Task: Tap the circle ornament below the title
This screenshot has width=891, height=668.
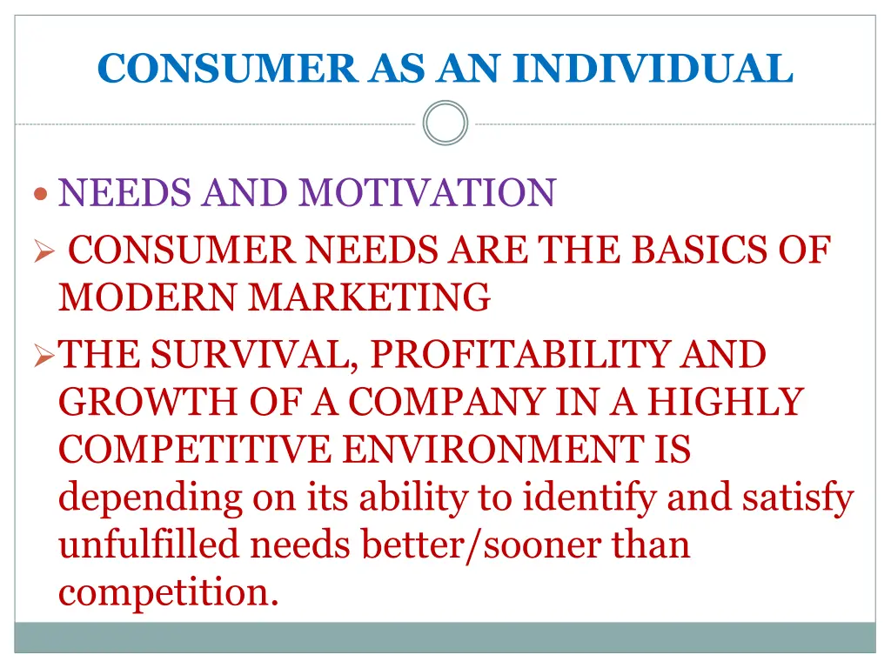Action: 445,123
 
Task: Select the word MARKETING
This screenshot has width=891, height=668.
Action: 370,298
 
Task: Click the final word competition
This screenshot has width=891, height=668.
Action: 169,593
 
